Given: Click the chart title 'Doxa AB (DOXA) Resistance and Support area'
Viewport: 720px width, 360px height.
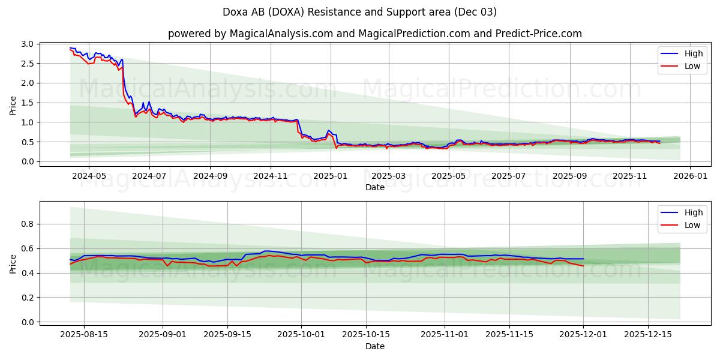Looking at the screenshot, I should (x=360, y=12).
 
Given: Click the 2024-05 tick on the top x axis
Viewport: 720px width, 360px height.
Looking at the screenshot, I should (x=89, y=176).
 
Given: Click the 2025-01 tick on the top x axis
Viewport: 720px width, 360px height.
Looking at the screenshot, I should (x=330, y=176).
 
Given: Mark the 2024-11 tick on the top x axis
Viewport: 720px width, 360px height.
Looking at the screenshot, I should (x=270, y=176).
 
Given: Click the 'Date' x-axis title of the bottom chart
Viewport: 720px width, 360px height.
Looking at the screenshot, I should (x=375, y=347).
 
